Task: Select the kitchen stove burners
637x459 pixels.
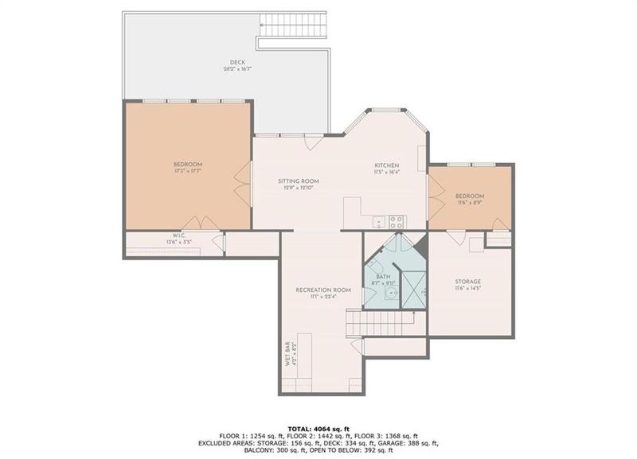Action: pyautogui.click(x=397, y=222)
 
